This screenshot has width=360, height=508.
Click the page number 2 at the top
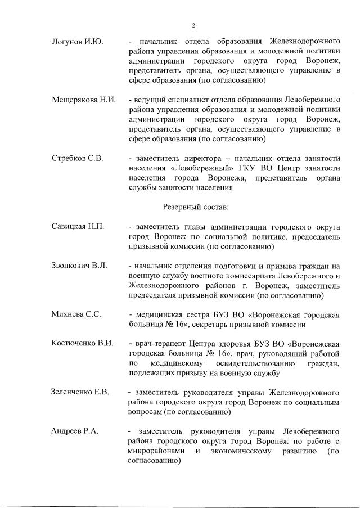tap(192, 25)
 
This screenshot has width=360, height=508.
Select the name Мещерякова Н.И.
tap(83, 100)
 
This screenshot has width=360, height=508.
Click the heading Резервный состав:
tap(196, 207)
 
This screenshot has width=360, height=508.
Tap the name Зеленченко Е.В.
tap(80, 392)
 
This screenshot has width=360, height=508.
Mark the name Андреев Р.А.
tap(75, 431)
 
